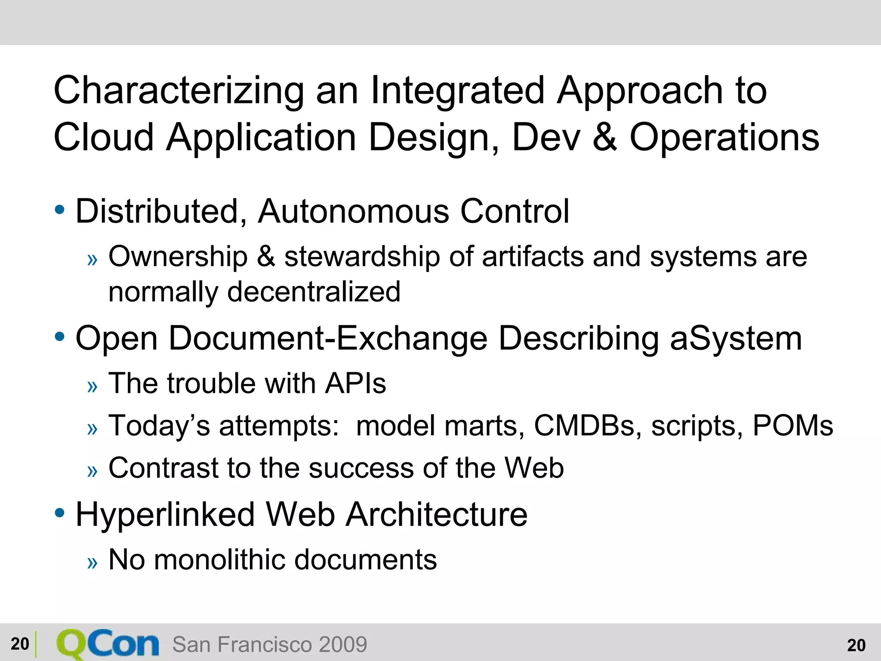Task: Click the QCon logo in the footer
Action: click(x=108, y=644)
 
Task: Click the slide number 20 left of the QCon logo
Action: click(x=20, y=644)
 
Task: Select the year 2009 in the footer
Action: click(x=343, y=645)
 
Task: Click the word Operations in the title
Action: click(x=724, y=138)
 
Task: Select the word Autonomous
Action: click(x=353, y=212)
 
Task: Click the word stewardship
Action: click(x=362, y=257)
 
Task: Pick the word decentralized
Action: click(x=314, y=292)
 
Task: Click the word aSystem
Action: click(x=736, y=339)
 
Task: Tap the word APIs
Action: click(x=355, y=383)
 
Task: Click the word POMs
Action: click(x=792, y=426)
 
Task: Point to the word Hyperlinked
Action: click(x=165, y=515)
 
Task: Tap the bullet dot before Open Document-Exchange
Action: click(x=60, y=337)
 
